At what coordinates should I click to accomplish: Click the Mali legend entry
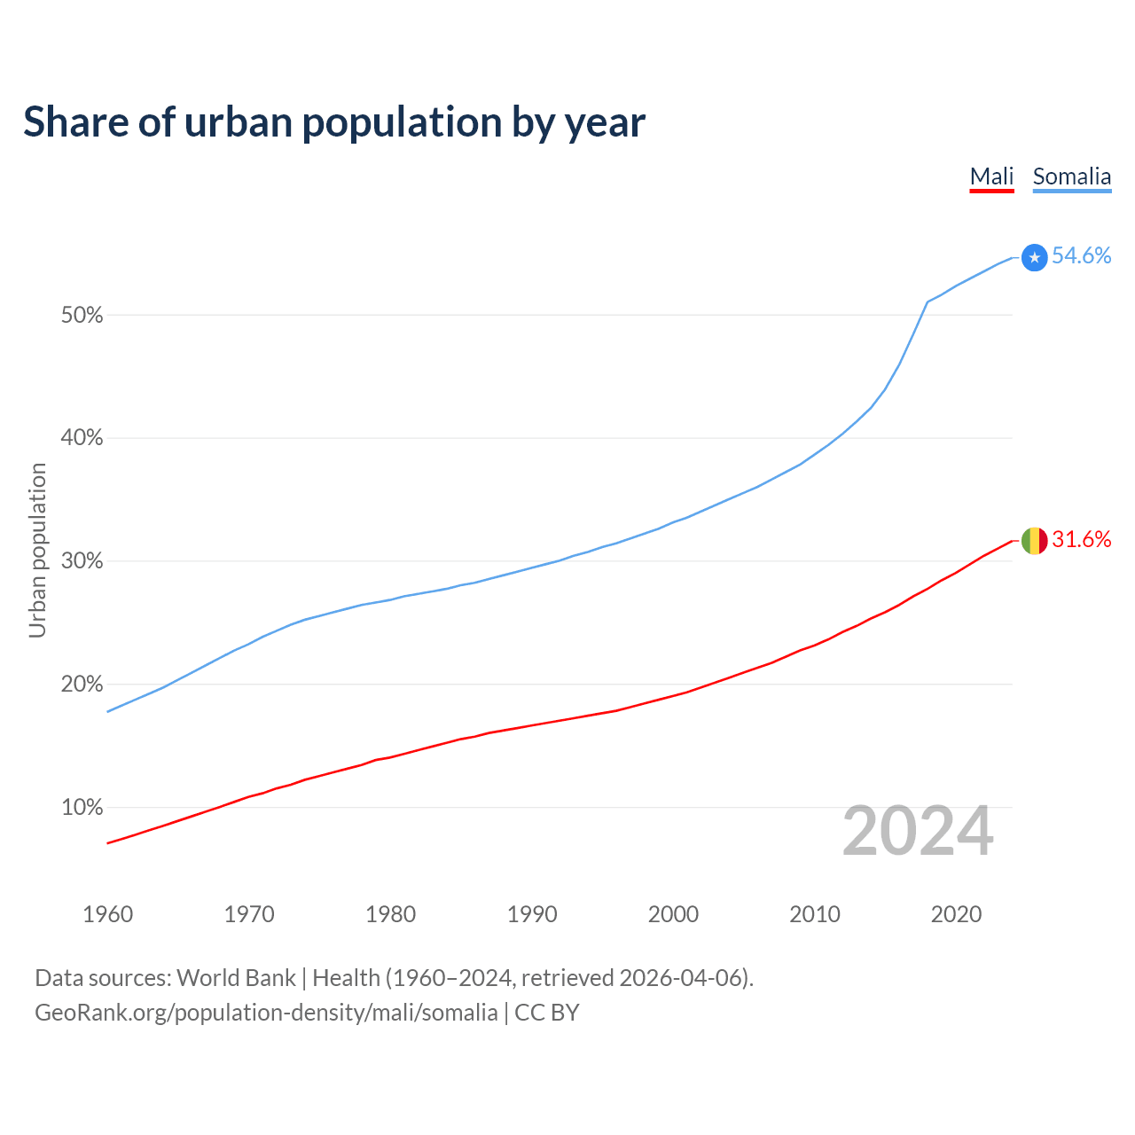point(991,176)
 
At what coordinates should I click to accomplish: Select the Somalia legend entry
point(1071,176)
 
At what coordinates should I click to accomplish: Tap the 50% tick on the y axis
point(82,316)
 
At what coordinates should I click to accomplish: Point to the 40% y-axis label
point(82,438)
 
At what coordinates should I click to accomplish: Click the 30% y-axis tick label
point(82,561)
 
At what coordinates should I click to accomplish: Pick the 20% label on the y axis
point(82,685)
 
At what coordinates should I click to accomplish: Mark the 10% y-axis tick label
point(82,808)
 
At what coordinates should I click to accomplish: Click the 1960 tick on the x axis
point(107,914)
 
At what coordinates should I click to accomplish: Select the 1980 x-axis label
point(390,914)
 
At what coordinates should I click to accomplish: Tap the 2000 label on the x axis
point(673,914)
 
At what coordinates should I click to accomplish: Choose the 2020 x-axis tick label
point(956,914)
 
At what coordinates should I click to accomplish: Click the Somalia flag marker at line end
point(1034,257)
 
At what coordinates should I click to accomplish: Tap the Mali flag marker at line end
point(1034,540)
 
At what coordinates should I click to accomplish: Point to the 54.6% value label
point(1081,256)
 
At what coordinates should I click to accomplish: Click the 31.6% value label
point(1081,540)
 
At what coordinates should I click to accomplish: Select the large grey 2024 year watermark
point(918,831)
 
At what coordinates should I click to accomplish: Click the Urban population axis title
point(37,550)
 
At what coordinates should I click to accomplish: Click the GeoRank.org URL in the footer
point(266,1013)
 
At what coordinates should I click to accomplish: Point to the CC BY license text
point(547,1013)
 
